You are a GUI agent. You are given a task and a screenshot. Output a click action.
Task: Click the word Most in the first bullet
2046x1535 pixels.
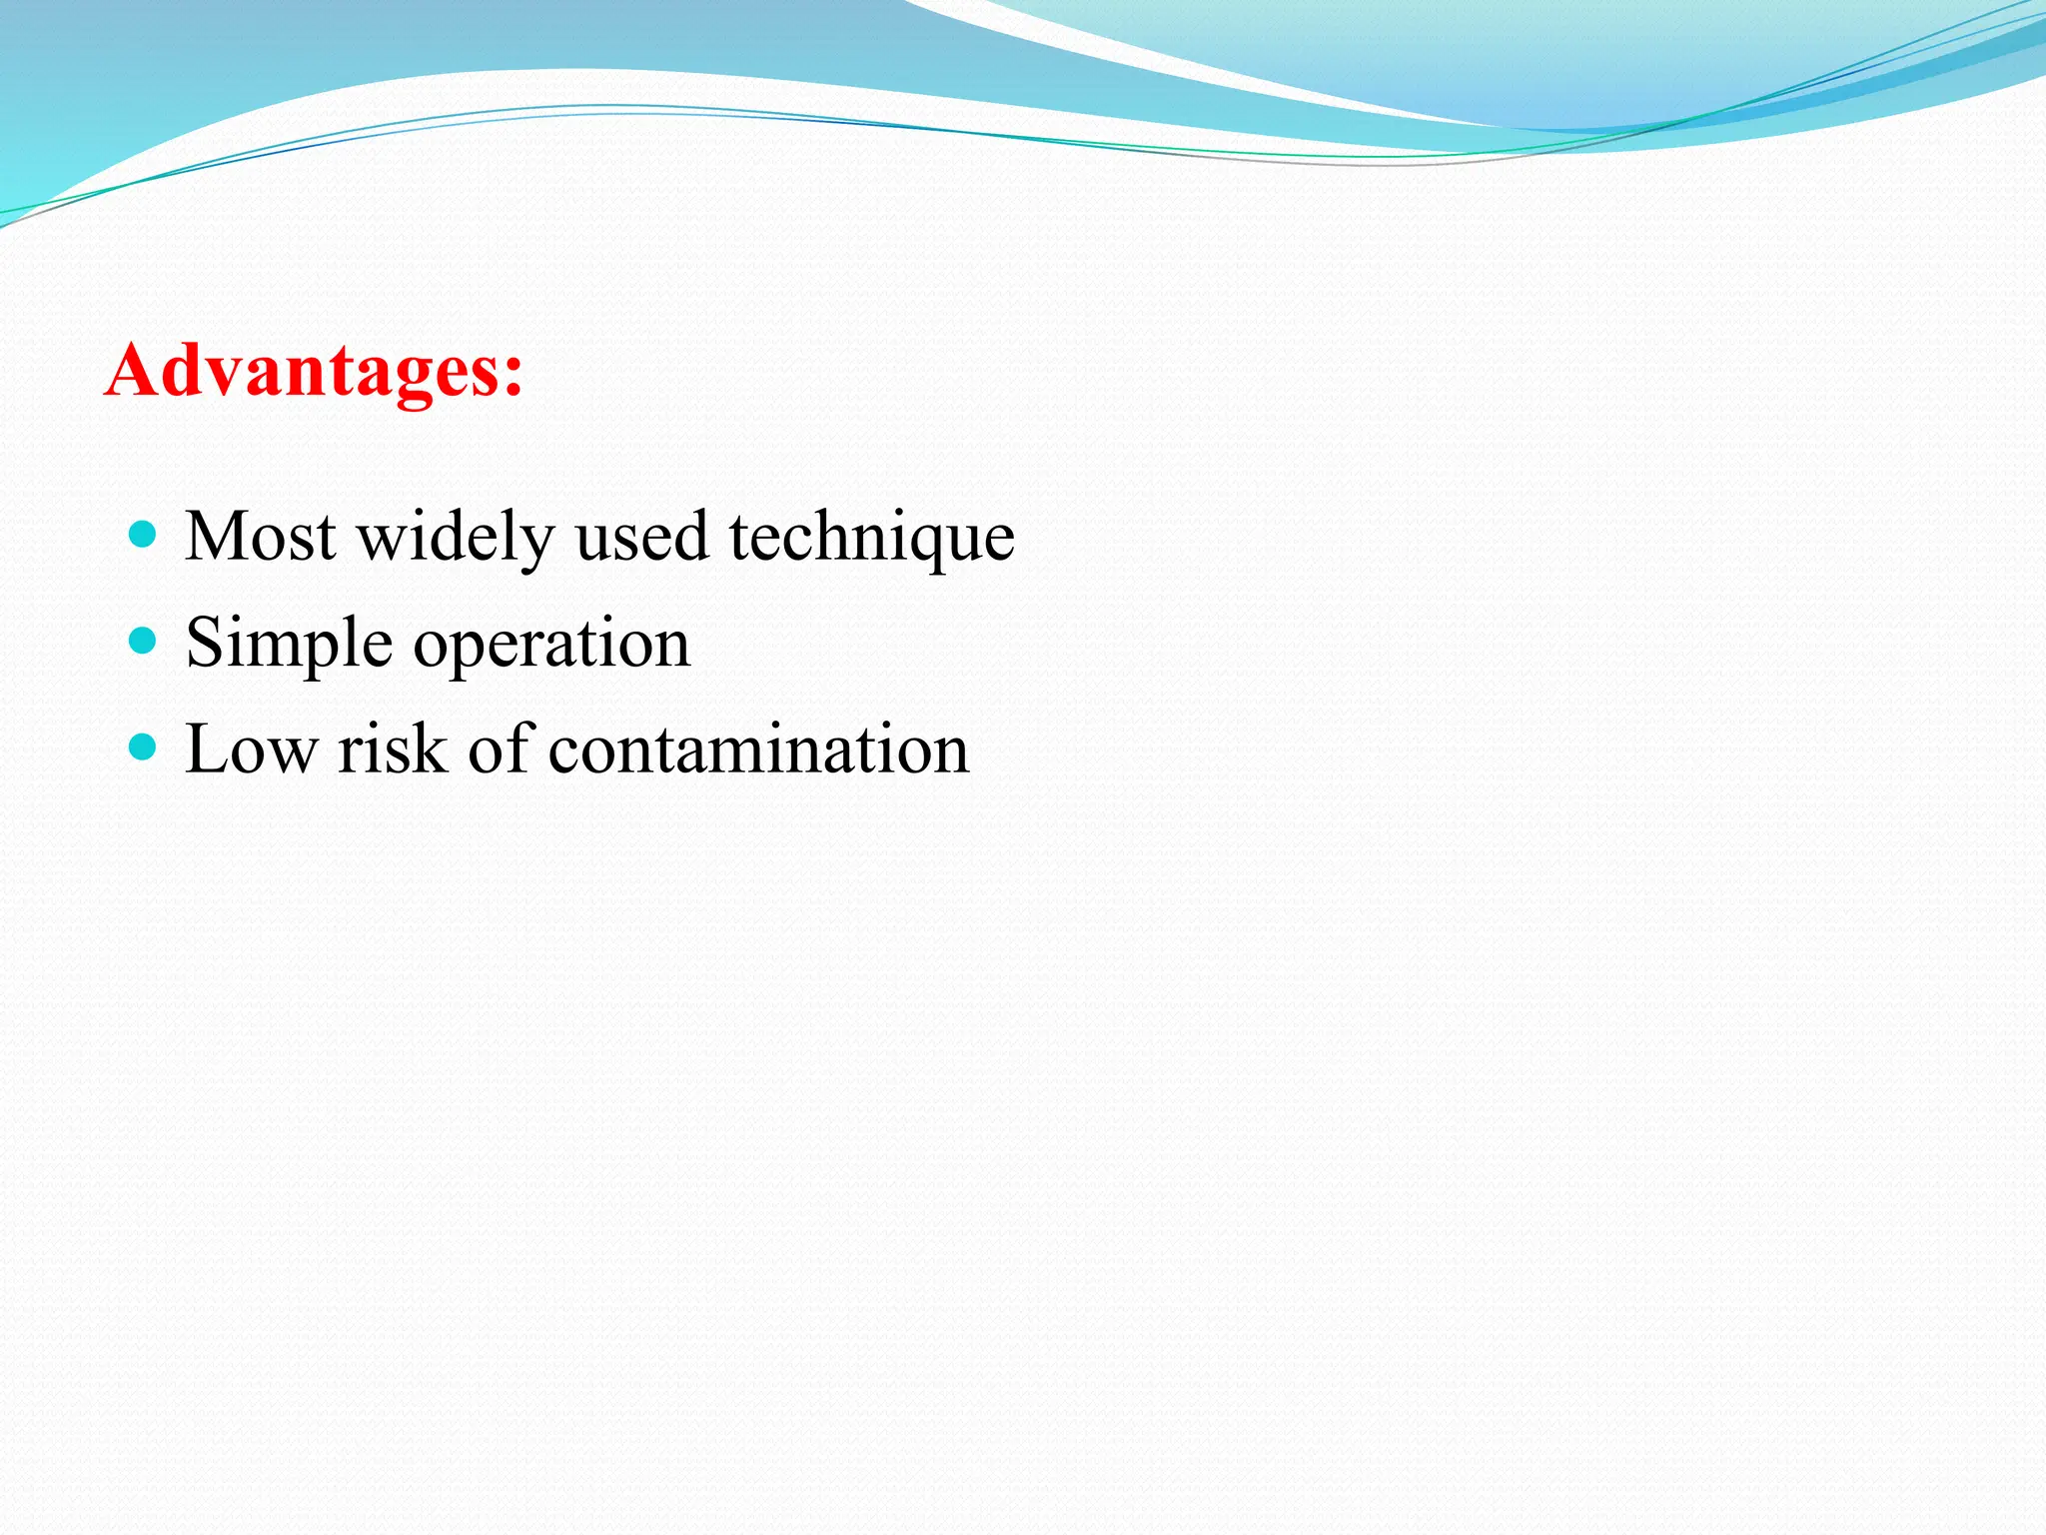pos(261,537)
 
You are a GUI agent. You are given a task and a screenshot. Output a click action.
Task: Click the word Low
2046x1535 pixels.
pos(251,750)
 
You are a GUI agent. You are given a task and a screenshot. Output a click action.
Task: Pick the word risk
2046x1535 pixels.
pos(392,750)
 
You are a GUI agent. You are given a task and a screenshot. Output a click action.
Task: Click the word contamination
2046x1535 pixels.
pos(758,750)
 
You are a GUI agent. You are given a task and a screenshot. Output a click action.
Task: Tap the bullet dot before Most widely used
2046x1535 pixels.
pos(144,534)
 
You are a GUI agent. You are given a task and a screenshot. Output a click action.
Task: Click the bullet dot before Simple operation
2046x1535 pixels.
pos(144,640)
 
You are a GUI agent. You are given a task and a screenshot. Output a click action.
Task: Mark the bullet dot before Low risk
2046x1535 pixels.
pos(144,746)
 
